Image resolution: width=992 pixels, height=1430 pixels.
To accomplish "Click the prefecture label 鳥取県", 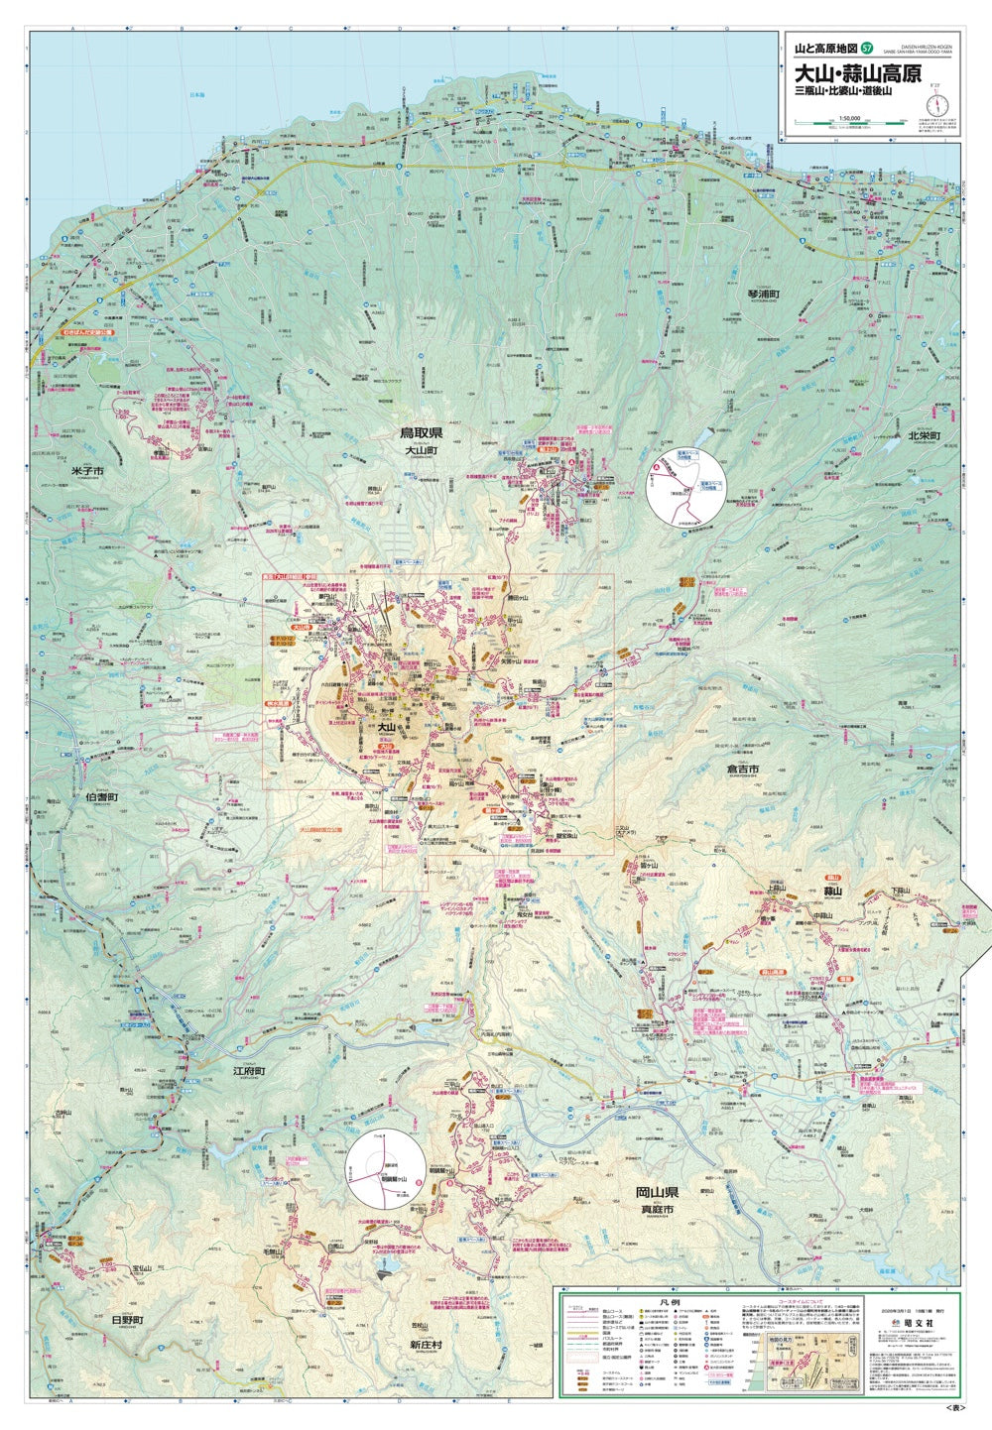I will [422, 432].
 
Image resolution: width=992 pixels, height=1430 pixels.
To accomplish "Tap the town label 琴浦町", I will [765, 295].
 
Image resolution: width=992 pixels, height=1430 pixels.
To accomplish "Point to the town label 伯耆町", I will [102, 796].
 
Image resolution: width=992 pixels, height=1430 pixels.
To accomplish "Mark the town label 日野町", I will [127, 1320].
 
